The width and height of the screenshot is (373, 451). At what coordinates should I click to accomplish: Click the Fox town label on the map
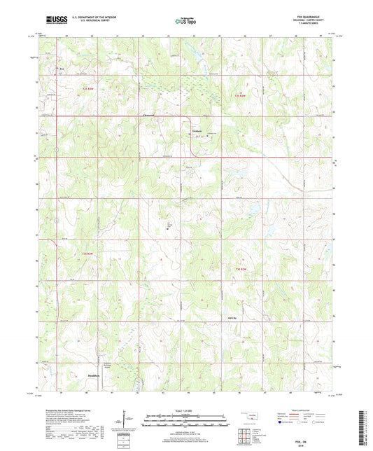pyautogui.click(x=61, y=69)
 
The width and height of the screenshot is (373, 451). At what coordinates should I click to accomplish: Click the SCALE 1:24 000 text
pyautogui.click(x=186, y=409)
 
